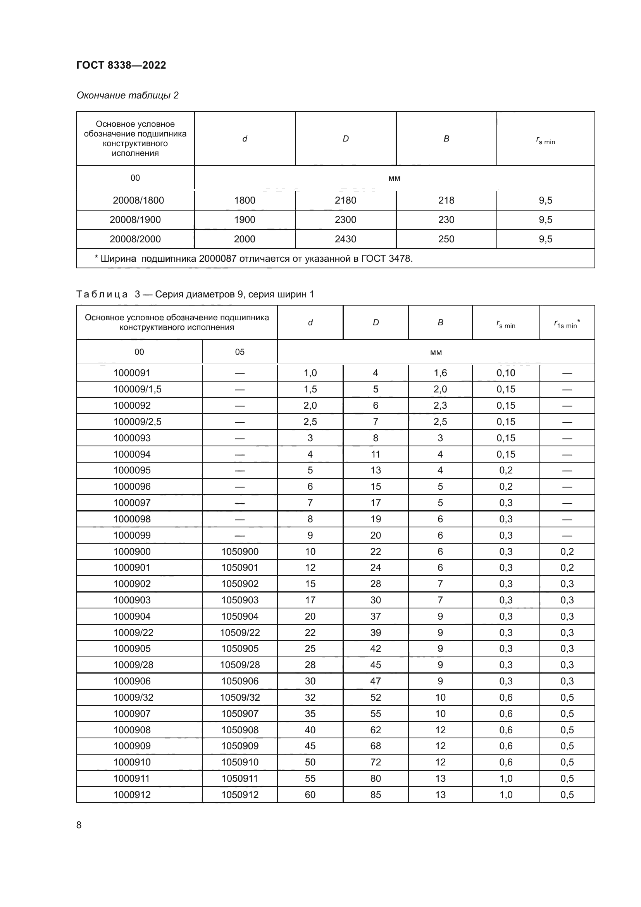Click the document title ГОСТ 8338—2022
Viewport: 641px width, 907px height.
(121, 65)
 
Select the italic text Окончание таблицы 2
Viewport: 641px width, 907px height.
(127, 95)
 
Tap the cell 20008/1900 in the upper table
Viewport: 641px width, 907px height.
(135, 219)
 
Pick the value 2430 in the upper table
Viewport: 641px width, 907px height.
(345, 239)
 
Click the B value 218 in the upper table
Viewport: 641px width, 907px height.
(446, 200)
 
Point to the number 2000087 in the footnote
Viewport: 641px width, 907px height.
(217, 259)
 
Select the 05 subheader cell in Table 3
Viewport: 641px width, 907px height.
(240, 352)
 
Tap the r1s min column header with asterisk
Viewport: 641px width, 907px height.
(567, 323)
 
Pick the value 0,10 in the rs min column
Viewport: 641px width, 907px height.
(506, 373)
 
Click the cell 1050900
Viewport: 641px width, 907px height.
(240, 551)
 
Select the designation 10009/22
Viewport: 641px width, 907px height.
(133, 632)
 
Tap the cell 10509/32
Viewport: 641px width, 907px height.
(240, 697)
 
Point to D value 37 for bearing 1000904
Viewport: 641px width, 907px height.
(376, 616)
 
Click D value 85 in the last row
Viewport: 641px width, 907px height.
(376, 795)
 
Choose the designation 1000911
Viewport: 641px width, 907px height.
(132, 778)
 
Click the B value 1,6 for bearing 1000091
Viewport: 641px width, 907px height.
(440, 373)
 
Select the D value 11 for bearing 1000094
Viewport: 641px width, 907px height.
(376, 454)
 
